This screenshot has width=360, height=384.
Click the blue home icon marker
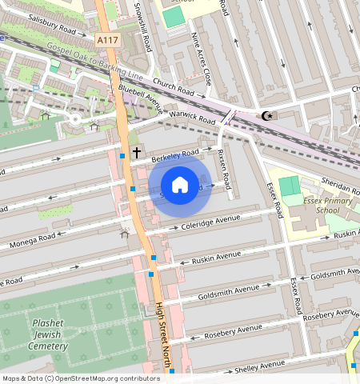[x=180, y=185]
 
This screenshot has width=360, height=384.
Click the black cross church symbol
[x=136, y=151]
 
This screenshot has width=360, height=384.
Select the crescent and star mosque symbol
[x=268, y=116]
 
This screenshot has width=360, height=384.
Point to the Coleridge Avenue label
[x=211, y=222]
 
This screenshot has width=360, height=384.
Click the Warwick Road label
[x=193, y=117]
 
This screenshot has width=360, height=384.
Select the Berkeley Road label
[x=175, y=154]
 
